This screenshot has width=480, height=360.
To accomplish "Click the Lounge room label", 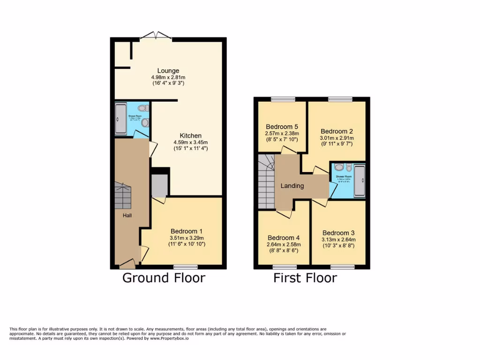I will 168,71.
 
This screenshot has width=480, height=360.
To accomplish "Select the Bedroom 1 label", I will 187,231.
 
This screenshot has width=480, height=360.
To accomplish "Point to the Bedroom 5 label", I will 281,127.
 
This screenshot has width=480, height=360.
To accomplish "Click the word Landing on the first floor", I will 292,186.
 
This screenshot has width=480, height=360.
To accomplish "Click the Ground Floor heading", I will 164,278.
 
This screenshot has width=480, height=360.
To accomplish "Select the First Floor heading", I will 305,278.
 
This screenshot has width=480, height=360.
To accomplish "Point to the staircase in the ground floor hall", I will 123,196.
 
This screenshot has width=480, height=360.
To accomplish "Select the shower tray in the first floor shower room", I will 360,180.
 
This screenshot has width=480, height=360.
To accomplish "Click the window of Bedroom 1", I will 182,267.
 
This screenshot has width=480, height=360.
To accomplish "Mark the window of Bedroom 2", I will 340,99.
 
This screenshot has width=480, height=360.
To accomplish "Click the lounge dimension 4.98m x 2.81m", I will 168,77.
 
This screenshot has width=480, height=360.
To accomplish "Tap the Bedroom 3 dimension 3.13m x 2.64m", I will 338,240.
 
